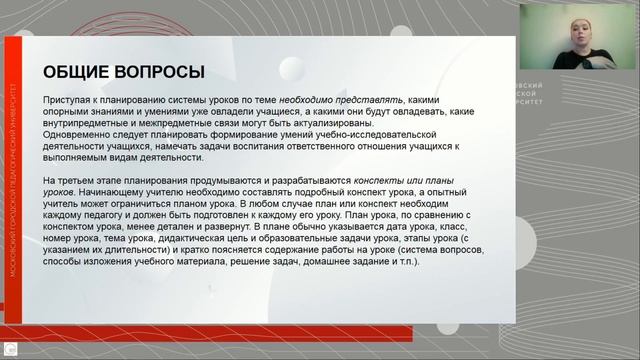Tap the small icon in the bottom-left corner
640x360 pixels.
point(9,351)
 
